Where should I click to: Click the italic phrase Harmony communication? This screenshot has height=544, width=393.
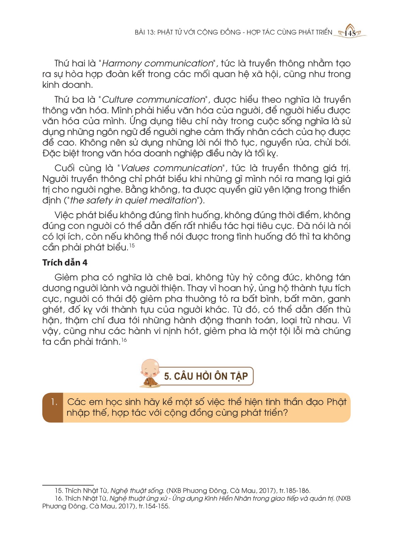[x=157, y=64]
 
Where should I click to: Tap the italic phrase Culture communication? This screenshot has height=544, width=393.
[x=154, y=100]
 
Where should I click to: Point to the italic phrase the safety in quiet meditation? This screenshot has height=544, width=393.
[x=133, y=200]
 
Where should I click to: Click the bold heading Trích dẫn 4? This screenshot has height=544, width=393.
[x=65, y=263]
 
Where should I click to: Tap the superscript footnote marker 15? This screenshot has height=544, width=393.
[x=132, y=245]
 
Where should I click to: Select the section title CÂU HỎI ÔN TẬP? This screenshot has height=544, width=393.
[x=206, y=376]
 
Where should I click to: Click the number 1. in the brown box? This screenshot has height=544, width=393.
[x=54, y=402]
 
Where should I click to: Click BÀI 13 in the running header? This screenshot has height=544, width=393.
[x=145, y=32]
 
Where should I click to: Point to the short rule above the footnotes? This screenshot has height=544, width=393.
[x=68, y=485]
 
